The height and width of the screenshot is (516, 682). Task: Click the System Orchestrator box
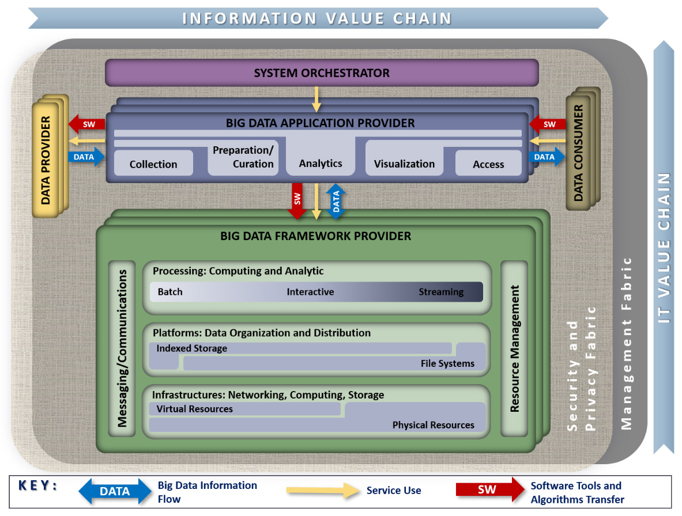tap(322, 73)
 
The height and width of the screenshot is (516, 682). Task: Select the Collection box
tap(153, 164)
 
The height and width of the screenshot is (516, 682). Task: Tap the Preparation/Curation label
tap(243, 157)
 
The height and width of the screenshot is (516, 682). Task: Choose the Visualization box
tap(404, 164)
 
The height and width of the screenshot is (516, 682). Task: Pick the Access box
tap(488, 164)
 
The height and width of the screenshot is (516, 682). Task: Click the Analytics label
tap(321, 163)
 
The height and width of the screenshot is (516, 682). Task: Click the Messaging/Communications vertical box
tap(122, 348)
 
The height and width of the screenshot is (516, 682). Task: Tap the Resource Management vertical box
tap(514, 348)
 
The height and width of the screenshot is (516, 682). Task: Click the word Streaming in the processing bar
tap(441, 292)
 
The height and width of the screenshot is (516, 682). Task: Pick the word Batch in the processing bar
tap(170, 292)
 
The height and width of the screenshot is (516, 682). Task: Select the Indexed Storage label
tap(192, 348)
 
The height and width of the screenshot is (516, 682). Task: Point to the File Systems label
tap(447, 363)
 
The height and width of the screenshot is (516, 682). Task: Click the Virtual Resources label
tap(195, 409)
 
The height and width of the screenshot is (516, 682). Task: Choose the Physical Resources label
tap(433, 425)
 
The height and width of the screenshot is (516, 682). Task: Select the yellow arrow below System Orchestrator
tap(316, 98)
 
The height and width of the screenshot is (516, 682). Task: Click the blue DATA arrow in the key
tap(114, 491)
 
